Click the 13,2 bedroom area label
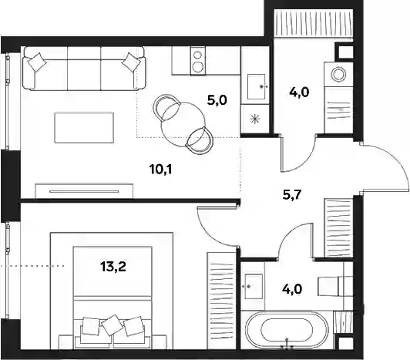click(x=113, y=267)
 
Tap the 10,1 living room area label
click(x=161, y=170)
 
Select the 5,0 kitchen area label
click(x=217, y=100)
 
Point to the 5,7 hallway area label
click(x=292, y=195)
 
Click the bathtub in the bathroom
click(x=287, y=330)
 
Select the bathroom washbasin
click(x=254, y=286)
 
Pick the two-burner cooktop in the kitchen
click(x=198, y=61)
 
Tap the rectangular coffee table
click(x=84, y=128)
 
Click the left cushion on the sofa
click(x=38, y=62)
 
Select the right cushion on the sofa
click(x=131, y=62)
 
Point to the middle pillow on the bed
click(x=113, y=325)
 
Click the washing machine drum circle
click(x=338, y=74)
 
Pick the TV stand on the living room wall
click(x=84, y=191)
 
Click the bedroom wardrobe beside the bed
click(x=222, y=301)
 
